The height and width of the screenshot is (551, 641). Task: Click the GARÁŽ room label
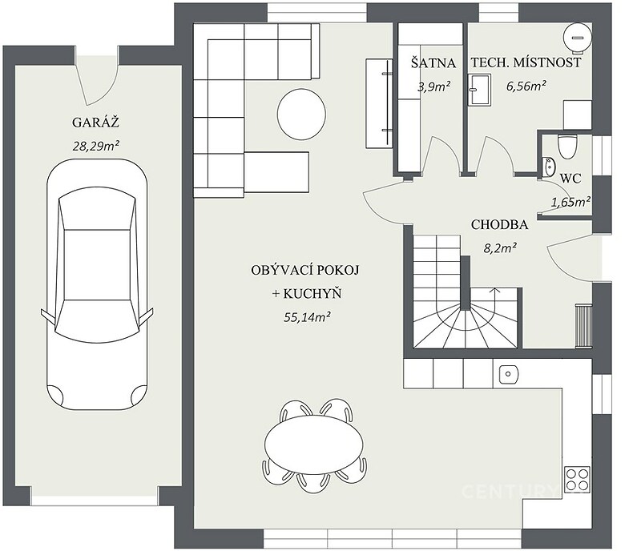95,123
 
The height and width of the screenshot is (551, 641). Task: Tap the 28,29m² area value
95,146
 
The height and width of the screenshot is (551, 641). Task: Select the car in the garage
97,284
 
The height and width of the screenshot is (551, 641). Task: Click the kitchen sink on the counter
509,374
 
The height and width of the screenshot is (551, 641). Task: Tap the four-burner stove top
577,479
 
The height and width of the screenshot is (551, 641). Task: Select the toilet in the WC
567,147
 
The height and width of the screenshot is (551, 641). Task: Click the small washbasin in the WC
548,167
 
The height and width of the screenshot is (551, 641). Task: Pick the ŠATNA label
433,63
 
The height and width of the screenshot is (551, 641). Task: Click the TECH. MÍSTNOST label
526,62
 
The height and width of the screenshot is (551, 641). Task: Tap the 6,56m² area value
526,86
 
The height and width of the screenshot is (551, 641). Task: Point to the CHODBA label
499,225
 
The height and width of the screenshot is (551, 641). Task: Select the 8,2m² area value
499,247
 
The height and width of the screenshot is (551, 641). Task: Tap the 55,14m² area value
307,317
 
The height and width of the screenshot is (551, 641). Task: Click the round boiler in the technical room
577,38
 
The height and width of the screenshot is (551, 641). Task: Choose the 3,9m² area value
433,86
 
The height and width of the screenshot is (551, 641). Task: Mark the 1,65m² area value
570,202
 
